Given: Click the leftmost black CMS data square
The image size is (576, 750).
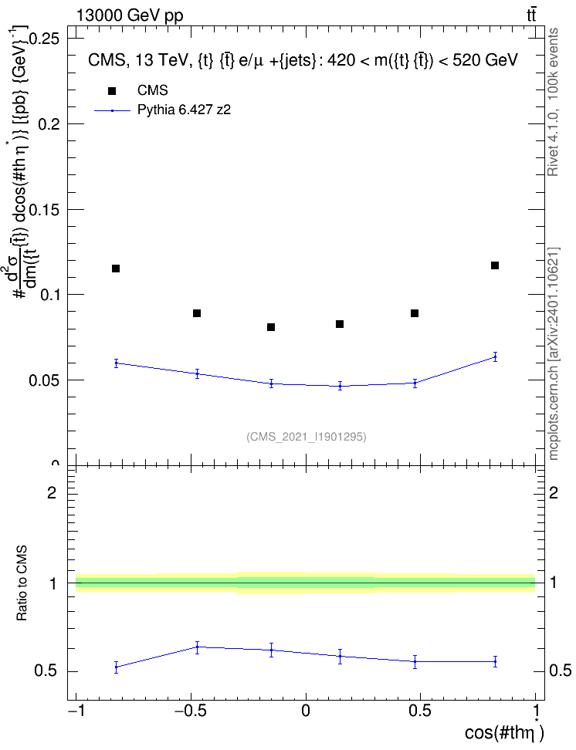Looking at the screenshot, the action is tap(115, 269).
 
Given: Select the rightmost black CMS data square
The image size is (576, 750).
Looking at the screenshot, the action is tap(495, 265).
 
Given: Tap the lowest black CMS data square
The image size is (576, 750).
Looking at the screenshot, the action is tap(271, 327).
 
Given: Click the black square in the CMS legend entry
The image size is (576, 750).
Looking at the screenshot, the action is tap(112, 91).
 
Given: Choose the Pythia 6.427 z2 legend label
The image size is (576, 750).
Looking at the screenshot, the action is tap(184, 110).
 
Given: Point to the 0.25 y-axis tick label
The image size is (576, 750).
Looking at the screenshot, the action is tap(45, 39).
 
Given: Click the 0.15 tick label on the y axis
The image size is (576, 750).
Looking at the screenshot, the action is tap(45, 210).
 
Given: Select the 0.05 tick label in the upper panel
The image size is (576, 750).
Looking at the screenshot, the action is tap(45, 380).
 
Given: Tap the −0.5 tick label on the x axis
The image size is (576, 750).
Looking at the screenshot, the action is tap(191, 711).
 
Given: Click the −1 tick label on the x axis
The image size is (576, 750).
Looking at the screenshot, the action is tap(76, 711).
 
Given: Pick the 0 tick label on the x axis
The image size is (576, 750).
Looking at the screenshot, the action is tap(306, 711).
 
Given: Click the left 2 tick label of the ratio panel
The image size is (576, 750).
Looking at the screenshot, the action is tap(52, 492).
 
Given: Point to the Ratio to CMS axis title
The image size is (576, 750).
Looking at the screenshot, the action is tap(22, 583).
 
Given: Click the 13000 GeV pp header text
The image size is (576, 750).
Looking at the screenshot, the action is tap(130, 16).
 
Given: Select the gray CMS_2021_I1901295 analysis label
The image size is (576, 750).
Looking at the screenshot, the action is tap(307, 437).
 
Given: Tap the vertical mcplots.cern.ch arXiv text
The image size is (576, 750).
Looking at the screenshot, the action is tap(554, 353).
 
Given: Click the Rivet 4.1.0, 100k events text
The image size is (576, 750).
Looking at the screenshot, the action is tap(553, 102).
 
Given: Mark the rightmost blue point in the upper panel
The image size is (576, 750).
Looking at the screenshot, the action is tap(495, 356).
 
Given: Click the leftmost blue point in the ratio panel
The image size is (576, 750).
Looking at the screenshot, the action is tap(116, 667).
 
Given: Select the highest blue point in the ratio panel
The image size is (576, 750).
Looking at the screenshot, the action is tap(197, 647).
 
